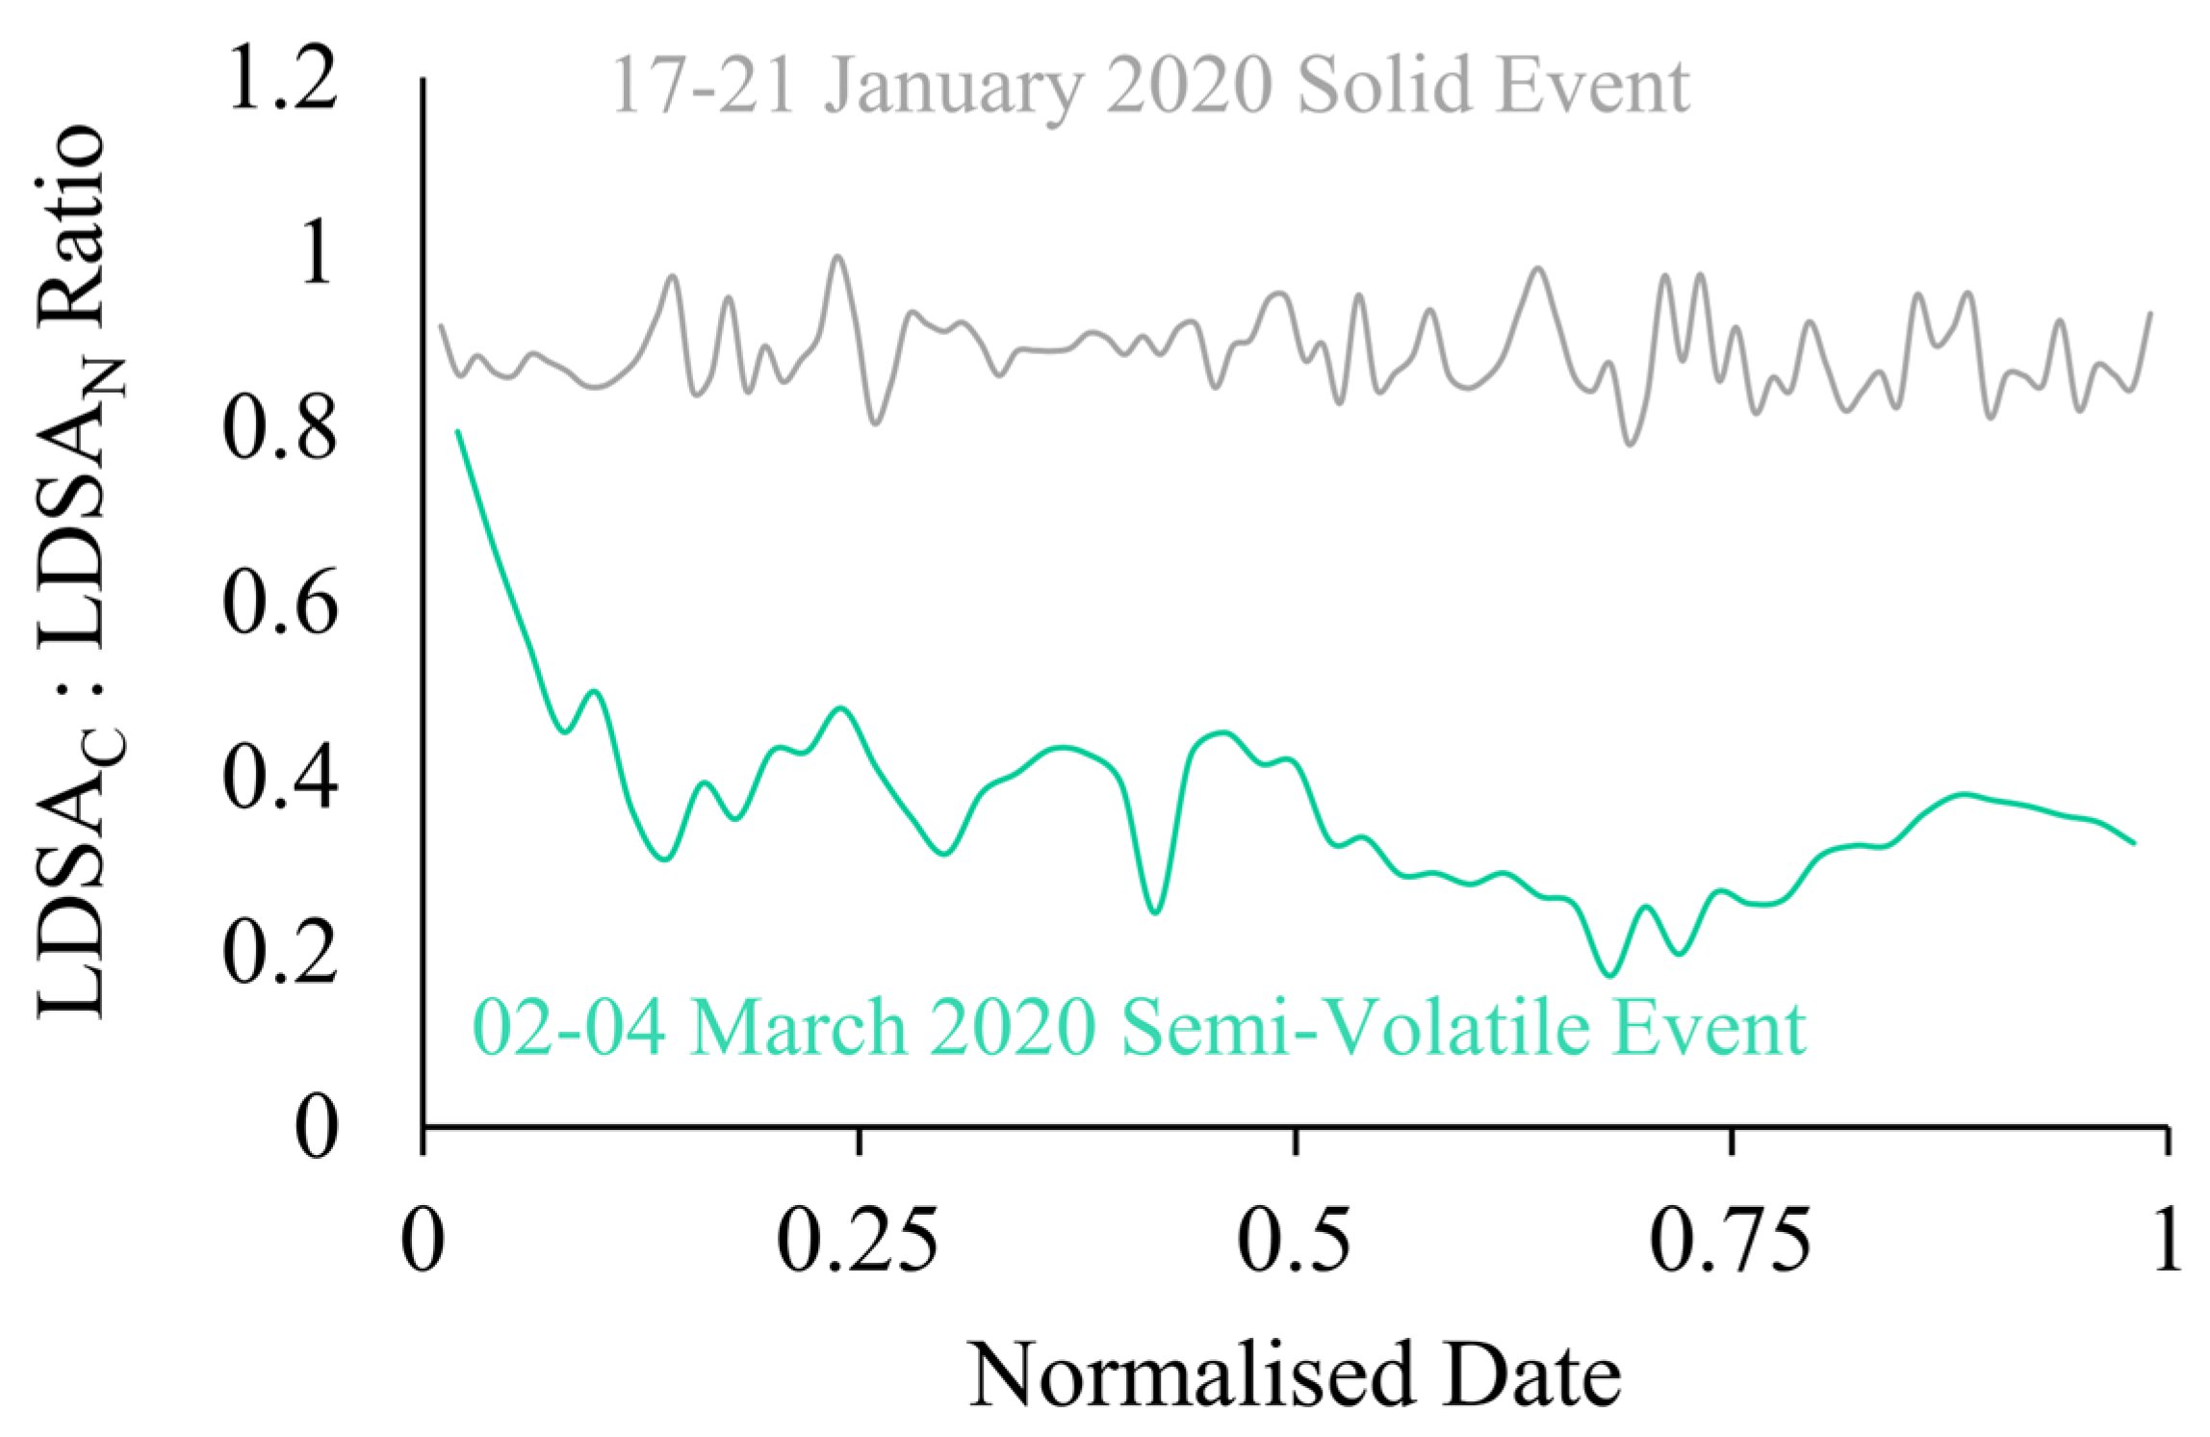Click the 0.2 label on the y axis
[280, 952]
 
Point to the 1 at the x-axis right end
[2166, 1243]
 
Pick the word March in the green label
[799, 1029]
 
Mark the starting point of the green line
[458, 431]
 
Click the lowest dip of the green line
[1608, 975]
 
